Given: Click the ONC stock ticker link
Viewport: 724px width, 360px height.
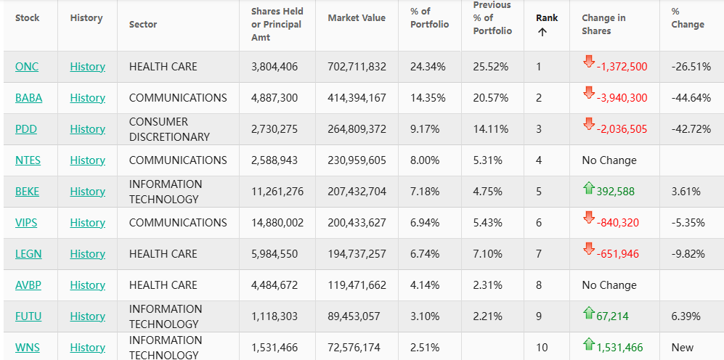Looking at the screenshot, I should click(x=27, y=67).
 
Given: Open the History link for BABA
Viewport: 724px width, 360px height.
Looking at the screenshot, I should click(x=87, y=98).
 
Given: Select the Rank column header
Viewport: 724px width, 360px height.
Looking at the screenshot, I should click(x=547, y=17).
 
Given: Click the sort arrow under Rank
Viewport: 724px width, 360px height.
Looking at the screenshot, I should click(x=542, y=32).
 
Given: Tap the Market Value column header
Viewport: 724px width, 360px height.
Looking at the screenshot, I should click(x=357, y=17).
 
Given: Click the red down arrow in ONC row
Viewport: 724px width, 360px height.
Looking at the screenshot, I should click(x=588, y=62).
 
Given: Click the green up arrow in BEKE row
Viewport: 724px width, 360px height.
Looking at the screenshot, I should click(x=588, y=189).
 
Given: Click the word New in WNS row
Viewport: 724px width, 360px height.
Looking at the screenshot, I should click(x=682, y=348).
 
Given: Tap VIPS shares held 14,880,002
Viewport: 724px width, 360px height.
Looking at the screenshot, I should click(x=277, y=223).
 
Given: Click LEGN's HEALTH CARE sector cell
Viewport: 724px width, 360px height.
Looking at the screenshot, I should click(x=163, y=254).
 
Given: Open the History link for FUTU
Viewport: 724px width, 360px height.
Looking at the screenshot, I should click(x=87, y=316).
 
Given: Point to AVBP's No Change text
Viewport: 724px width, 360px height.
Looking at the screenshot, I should click(x=609, y=285).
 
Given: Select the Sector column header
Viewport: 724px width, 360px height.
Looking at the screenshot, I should click(x=143, y=25).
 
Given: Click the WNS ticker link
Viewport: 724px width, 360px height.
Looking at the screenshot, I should click(x=28, y=348).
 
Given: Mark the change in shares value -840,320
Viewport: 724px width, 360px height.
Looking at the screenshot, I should click(x=617, y=223).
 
